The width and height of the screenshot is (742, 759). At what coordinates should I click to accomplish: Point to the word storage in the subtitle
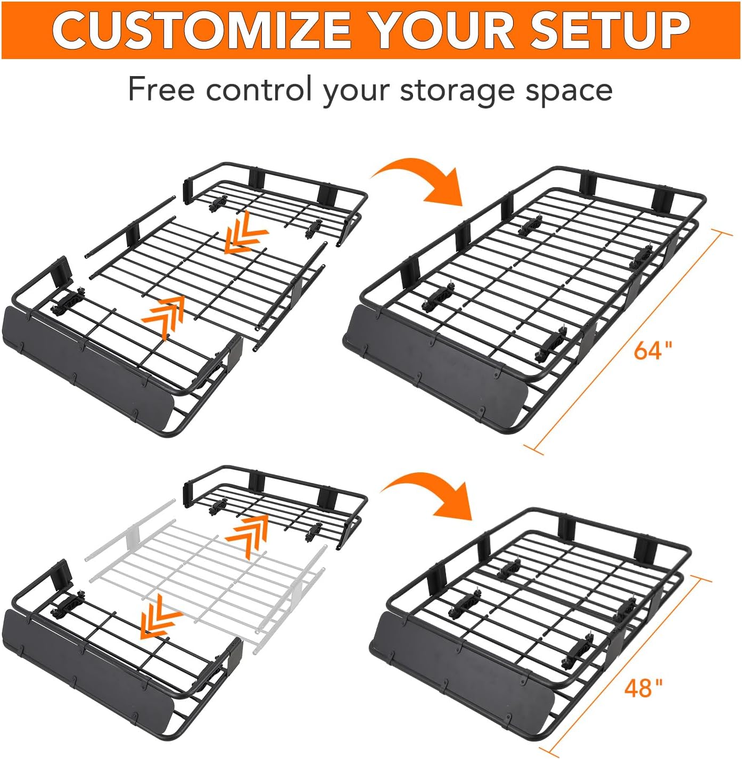[x=458, y=90]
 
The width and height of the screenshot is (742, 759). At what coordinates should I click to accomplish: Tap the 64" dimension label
[x=653, y=351]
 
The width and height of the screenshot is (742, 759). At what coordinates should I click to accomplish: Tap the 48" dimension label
[x=644, y=688]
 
